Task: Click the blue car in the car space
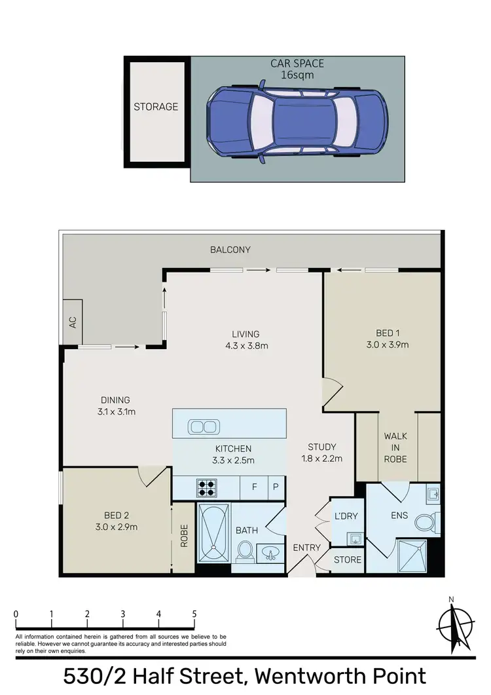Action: (x=297, y=119)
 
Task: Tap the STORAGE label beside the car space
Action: (x=156, y=106)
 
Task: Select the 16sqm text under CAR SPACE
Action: (x=298, y=75)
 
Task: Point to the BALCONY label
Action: (x=230, y=250)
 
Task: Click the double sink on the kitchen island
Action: (x=204, y=427)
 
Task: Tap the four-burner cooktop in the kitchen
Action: (x=208, y=487)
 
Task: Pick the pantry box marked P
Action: (x=276, y=487)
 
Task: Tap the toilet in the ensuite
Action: (x=427, y=522)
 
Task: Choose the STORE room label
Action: (x=347, y=559)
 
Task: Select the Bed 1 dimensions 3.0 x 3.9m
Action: (x=388, y=345)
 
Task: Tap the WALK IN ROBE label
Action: (x=395, y=447)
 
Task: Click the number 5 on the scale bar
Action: (x=194, y=614)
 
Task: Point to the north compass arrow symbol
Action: (x=452, y=624)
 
